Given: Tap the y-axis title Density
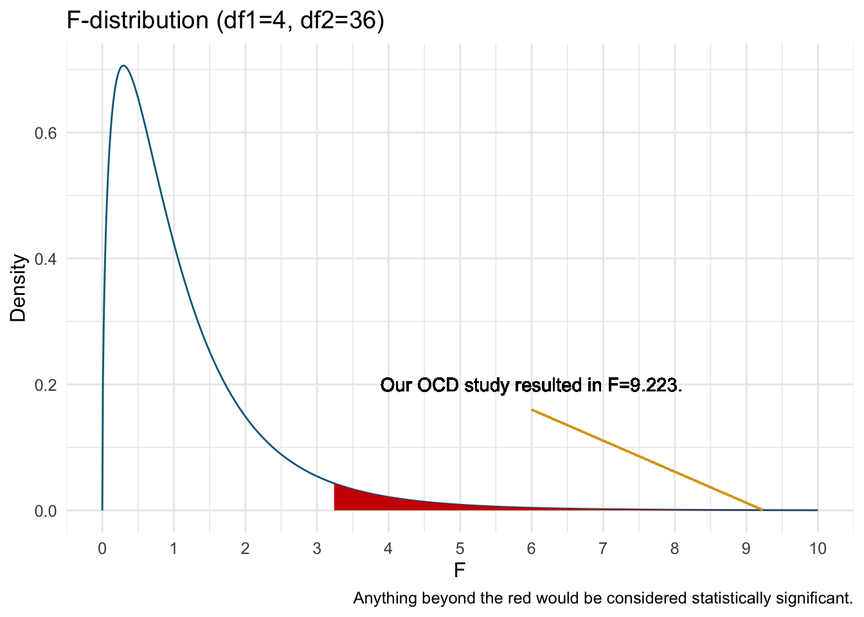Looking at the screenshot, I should coord(19,288).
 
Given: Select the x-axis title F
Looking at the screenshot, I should coord(459,571).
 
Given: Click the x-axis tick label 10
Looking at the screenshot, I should coord(818,549).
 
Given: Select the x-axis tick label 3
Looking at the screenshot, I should coord(317,549).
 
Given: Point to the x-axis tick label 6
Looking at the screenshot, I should coord(531,549).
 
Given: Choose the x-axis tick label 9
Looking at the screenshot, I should coord(746,549).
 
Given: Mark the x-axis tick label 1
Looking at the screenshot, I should coord(174,549).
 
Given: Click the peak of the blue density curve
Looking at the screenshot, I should coord(123,66).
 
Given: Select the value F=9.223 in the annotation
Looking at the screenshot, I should coord(643,386).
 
